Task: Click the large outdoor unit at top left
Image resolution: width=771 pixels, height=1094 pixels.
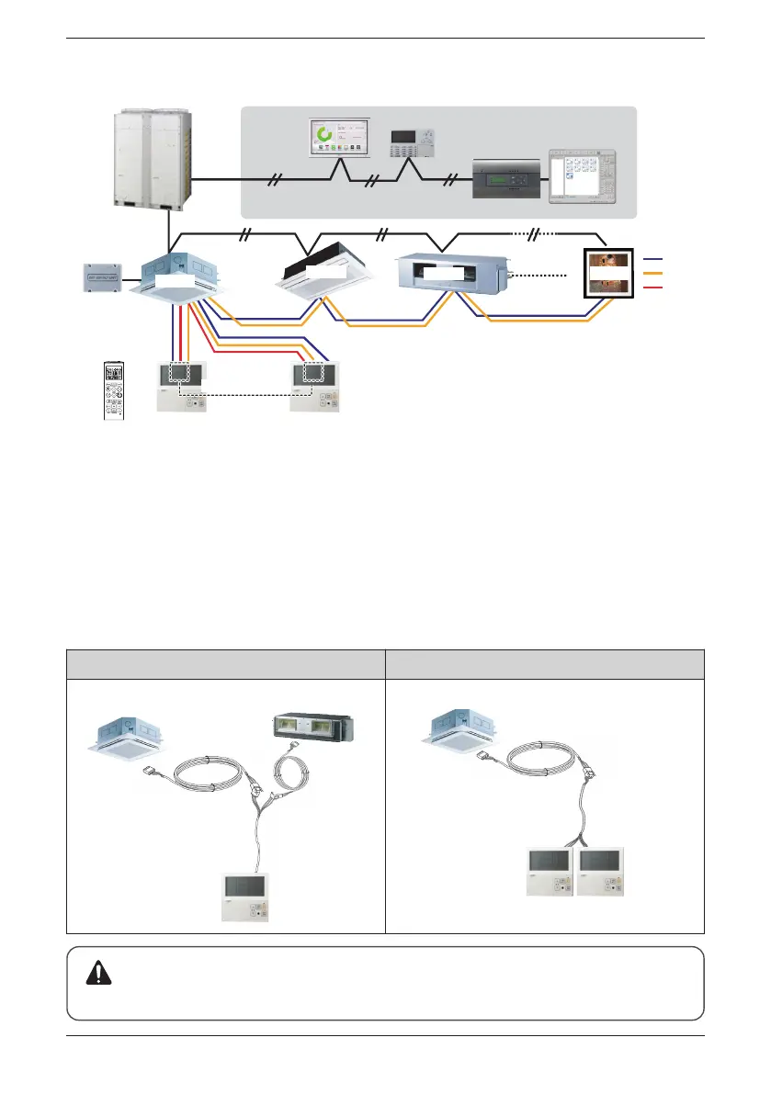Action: click(x=152, y=159)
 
